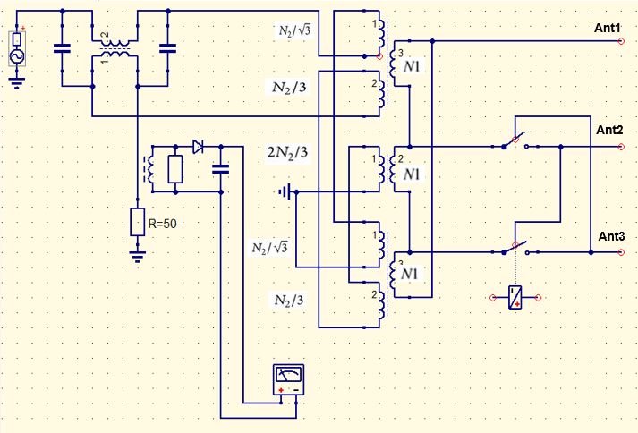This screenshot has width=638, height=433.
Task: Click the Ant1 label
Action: tap(607, 28)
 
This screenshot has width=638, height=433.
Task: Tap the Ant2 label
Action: tap(609, 131)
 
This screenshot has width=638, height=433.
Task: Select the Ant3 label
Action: tap(611, 236)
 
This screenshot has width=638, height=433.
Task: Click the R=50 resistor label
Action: tap(162, 224)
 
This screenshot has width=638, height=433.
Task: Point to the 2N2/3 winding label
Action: tap(287, 152)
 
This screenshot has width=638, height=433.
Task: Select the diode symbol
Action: tap(198, 147)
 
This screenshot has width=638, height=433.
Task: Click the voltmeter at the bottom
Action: tap(288, 379)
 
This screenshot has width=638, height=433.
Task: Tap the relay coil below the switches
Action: tap(515, 298)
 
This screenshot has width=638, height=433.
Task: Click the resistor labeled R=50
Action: tap(138, 222)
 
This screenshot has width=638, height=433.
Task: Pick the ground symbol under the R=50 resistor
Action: tap(138, 257)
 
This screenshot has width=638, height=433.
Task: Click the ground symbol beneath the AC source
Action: tap(17, 83)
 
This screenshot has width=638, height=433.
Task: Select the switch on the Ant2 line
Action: tap(515, 141)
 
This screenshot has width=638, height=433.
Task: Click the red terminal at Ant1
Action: tap(621, 41)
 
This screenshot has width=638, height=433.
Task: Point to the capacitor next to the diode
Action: tap(221, 169)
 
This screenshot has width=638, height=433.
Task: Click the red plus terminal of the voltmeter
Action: tap(281, 390)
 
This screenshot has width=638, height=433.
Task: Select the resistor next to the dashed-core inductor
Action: tap(175, 169)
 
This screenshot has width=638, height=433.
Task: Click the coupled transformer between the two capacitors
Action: tap(115, 48)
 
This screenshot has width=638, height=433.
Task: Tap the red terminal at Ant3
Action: tap(621, 252)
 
